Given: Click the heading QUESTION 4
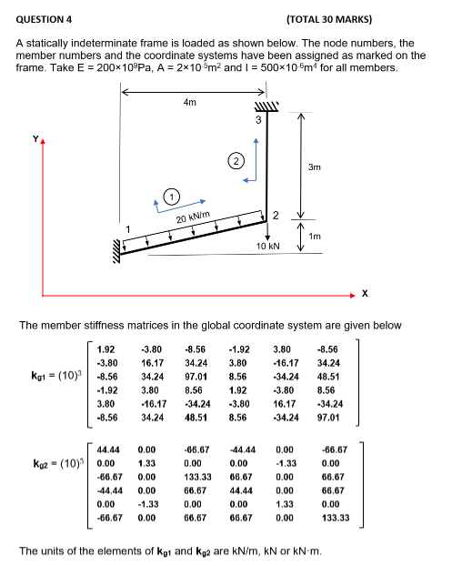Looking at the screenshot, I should pyautogui.click(x=44, y=18).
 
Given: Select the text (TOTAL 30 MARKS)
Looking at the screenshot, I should pyautogui.click(x=328, y=18).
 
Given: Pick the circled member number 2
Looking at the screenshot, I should pyautogui.click(x=235, y=161).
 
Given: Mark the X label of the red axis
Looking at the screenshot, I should pyautogui.click(x=365, y=292).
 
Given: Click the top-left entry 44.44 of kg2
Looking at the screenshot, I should pyautogui.click(x=106, y=450).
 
